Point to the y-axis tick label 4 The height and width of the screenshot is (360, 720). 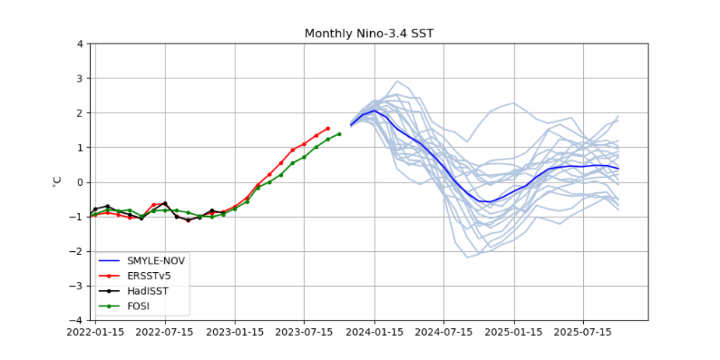tap(80, 44)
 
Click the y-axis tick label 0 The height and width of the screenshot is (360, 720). tap(80, 182)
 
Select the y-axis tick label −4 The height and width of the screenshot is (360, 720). tap(78, 320)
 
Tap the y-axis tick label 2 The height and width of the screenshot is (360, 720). tap(80, 113)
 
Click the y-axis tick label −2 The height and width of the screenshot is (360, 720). tap(78, 251)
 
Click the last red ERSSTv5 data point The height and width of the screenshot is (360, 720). tap(327, 128)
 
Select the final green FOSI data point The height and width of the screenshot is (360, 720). tap(339, 134)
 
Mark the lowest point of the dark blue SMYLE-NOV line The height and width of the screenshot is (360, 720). tap(490, 202)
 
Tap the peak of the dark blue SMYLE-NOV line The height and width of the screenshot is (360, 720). tap(374, 110)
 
